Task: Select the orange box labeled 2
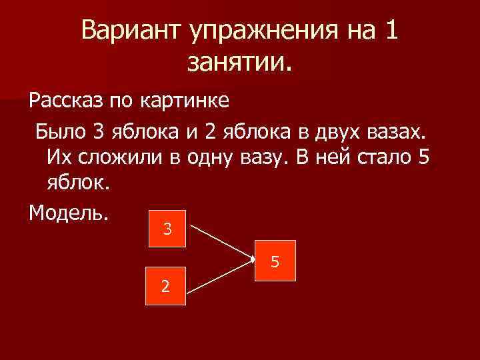click(x=166, y=287)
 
